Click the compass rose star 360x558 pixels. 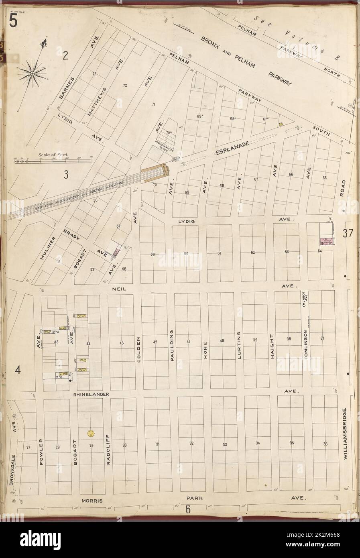(32, 73)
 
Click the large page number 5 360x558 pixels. (13, 21)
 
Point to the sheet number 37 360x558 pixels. (347, 234)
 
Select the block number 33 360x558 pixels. (224, 444)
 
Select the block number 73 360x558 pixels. (95, 74)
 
